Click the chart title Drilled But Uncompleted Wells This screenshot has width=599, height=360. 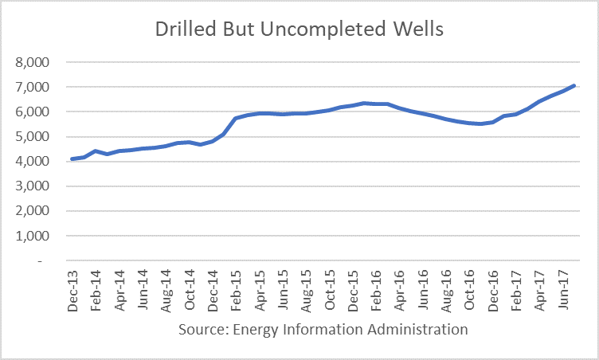299,29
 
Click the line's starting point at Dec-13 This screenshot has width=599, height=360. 72,159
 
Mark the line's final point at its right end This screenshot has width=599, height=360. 574,85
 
